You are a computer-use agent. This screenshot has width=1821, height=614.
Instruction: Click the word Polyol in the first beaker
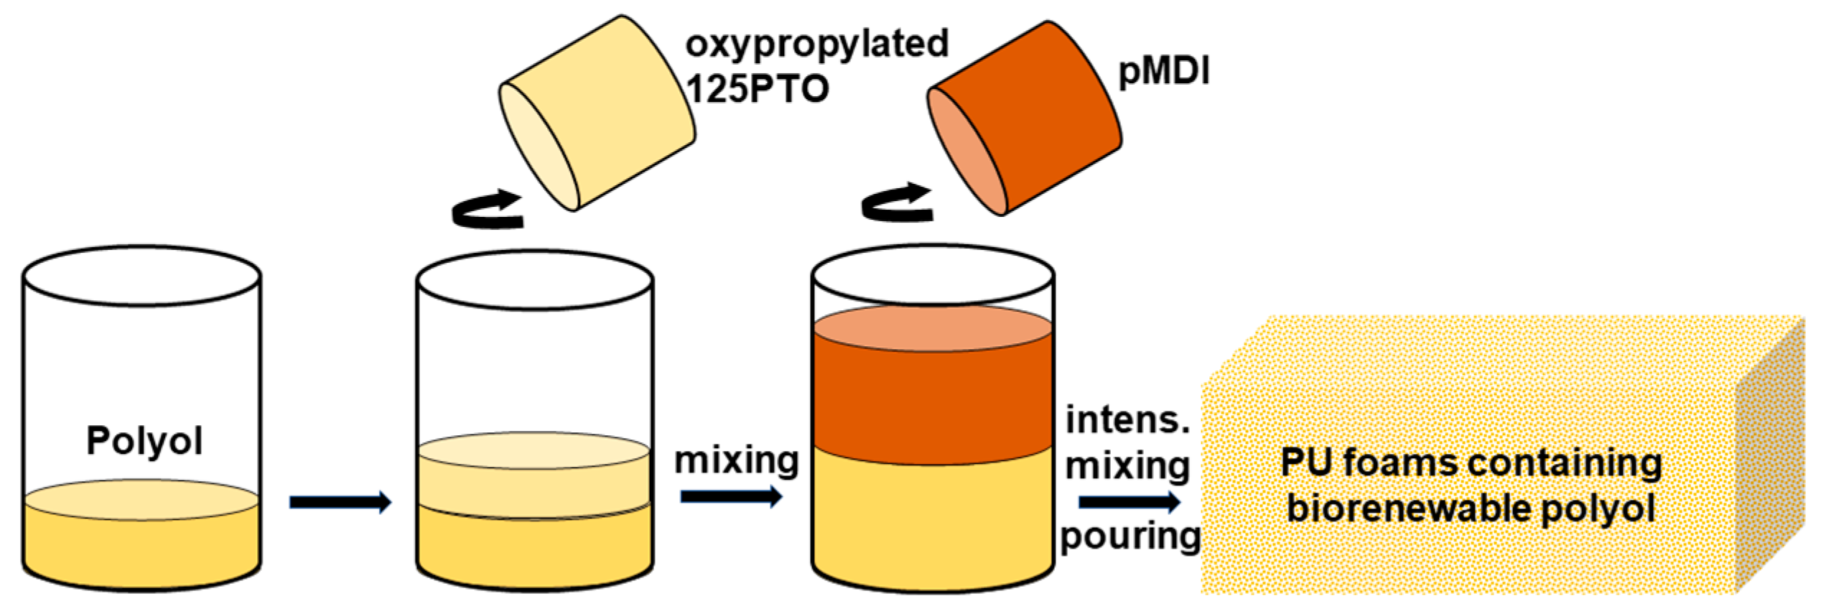[144, 440]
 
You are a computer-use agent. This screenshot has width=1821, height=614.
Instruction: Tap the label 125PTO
[758, 89]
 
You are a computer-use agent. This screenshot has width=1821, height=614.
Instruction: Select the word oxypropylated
[816, 43]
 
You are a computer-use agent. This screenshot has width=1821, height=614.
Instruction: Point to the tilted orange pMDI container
[1034, 115]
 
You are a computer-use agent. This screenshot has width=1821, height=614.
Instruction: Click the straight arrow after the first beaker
[340, 502]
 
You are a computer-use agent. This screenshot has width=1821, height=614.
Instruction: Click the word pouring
[1130, 536]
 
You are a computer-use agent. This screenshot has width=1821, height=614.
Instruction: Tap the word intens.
[1127, 420]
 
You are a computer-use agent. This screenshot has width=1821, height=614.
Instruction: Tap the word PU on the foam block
[1305, 462]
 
